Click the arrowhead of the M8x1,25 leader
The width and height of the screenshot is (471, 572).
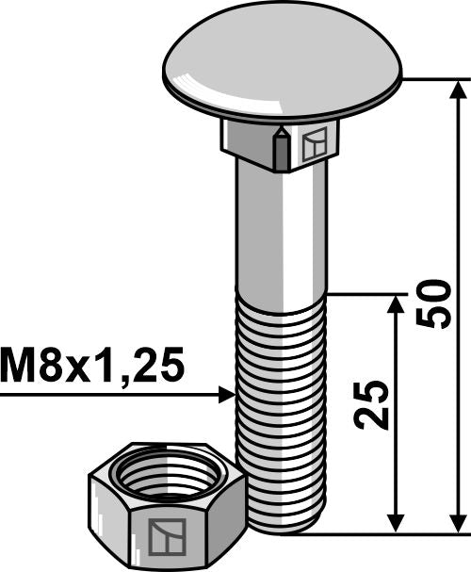[226, 394]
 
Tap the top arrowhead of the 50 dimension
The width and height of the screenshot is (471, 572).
[459, 89]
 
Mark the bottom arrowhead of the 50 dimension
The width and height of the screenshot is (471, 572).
[459, 524]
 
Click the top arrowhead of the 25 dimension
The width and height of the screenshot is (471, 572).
[397, 302]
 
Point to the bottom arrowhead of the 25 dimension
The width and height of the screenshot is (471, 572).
[397, 524]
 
